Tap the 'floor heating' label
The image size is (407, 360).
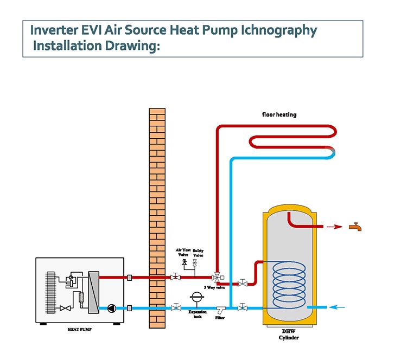(x=279, y=115)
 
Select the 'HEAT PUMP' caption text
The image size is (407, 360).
(x=79, y=329)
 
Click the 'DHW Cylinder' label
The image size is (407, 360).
(x=288, y=335)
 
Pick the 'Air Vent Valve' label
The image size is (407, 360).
(x=184, y=253)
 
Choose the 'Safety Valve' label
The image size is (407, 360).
(x=199, y=253)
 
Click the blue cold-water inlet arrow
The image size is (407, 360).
(x=339, y=307)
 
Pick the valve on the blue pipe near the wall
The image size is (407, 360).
(x=175, y=307)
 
